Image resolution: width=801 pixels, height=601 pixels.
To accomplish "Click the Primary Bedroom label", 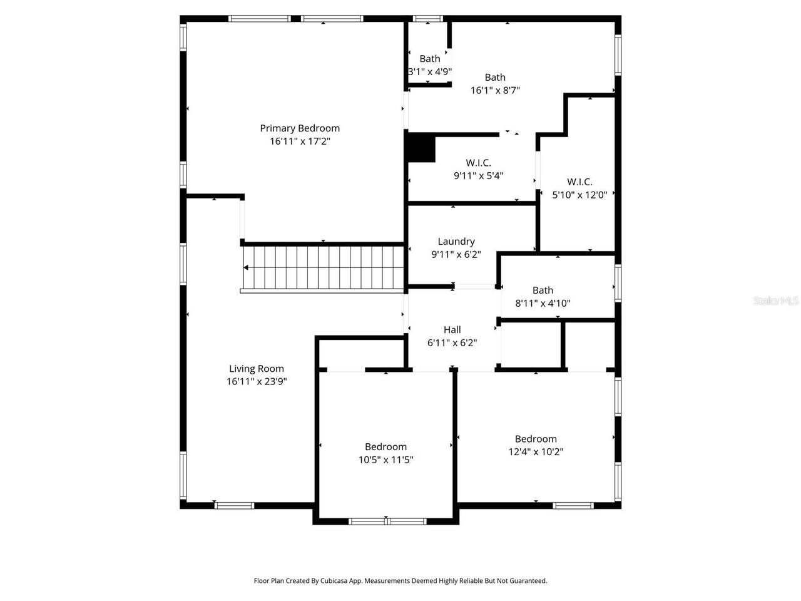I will [300, 128].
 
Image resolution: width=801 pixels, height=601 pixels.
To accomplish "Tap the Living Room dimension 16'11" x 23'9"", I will [257, 381].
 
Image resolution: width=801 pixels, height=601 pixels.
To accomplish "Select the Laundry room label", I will [456, 242].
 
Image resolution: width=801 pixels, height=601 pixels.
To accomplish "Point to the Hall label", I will [452, 330].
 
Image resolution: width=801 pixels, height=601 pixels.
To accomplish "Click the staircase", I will [323, 267].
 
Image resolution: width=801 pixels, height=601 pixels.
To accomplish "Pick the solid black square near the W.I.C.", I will [421, 148].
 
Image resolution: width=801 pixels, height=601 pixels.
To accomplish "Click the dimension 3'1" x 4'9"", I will [430, 72].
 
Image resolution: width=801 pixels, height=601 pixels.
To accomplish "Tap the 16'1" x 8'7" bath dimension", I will [495, 90].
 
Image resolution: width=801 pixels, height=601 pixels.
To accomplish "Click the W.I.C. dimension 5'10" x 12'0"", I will [579, 195].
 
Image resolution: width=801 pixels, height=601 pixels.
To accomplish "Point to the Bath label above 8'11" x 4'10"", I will [543, 290].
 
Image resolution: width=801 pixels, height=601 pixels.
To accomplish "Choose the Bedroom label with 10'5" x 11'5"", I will [385, 447].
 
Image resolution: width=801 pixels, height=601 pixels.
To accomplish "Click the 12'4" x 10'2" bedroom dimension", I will [536, 451].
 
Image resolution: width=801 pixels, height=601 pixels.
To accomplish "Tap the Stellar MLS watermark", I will [776, 301].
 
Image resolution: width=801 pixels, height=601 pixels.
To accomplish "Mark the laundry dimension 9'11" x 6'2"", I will [456, 255].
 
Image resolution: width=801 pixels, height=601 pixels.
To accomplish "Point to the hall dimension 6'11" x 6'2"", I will [452, 343].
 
